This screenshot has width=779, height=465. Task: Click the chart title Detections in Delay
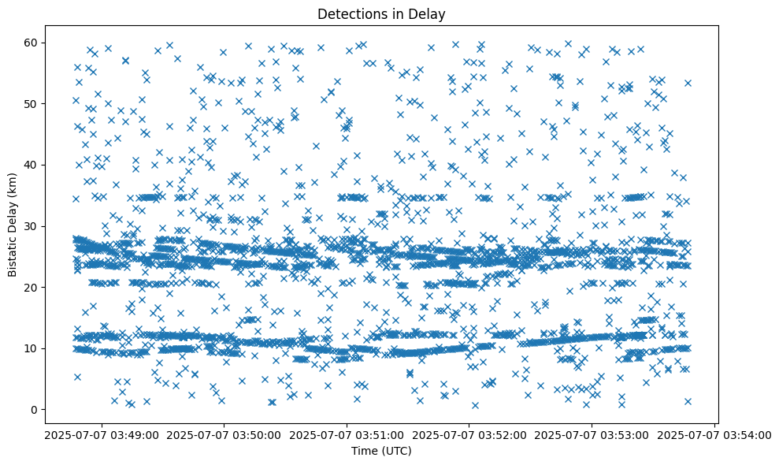(x=382, y=13)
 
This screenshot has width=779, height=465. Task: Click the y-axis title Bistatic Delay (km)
(x=13, y=224)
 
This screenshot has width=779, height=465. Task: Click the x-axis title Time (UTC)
(x=382, y=451)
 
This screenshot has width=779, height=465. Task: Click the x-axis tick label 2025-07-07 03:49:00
(x=102, y=434)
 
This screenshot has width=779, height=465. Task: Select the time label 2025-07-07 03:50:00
(x=224, y=434)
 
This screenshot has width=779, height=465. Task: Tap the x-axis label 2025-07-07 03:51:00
(x=347, y=434)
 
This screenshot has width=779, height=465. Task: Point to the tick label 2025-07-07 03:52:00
(x=470, y=434)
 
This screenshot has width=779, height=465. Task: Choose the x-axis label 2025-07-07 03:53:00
(x=592, y=434)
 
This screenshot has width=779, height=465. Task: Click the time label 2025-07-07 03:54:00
(x=715, y=434)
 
